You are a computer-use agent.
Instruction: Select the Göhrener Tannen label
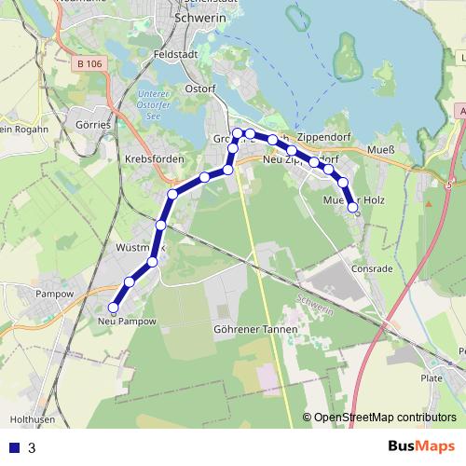(x=255, y=330)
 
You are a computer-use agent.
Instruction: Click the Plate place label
(x=432, y=378)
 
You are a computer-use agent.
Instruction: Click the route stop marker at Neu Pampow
(x=114, y=307)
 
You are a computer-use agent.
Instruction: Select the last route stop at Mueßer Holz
(x=352, y=209)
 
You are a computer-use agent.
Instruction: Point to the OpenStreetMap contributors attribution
(x=384, y=418)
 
